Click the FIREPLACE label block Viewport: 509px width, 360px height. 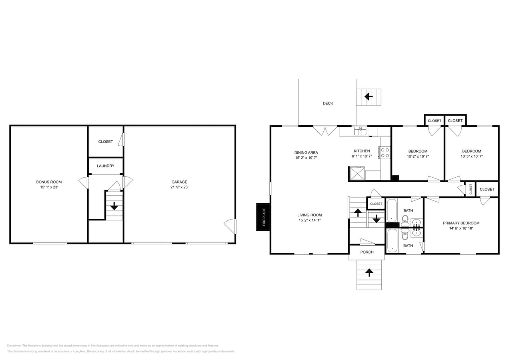[x=263, y=217]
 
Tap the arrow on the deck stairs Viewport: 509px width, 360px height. [x=369, y=96]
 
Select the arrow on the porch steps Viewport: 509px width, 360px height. [x=369, y=272]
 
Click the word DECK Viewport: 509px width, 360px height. [x=328, y=103]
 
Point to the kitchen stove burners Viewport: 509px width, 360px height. [x=385, y=153]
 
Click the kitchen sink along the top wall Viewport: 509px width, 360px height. [x=360, y=131]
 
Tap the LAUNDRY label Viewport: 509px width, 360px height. [x=106, y=166]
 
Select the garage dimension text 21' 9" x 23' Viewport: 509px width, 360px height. [x=179, y=187]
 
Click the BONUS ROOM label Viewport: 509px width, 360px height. [x=49, y=182]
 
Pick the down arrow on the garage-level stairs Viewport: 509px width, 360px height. [x=114, y=206]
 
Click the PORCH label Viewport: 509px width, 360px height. [x=367, y=252]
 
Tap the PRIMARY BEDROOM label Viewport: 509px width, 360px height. [x=461, y=223]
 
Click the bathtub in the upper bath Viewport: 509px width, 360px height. [x=392, y=210]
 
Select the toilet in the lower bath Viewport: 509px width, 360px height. [x=405, y=236]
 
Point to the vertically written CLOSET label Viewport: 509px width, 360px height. [x=471, y=189]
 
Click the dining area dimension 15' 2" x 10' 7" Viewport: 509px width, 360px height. [x=306, y=158]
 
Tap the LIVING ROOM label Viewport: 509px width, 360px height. [x=309, y=215]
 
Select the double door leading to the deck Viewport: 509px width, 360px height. [x=325, y=130]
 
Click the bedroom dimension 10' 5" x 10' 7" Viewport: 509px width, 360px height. [x=471, y=156]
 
